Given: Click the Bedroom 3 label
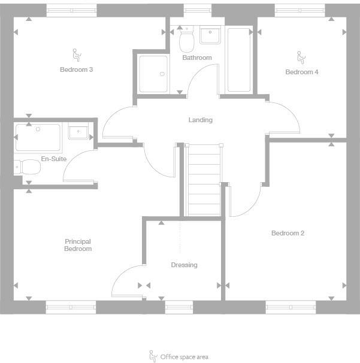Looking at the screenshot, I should pos(76,69).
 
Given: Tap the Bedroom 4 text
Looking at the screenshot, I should pos(301,72).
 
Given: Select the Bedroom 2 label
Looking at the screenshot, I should pos(288,233).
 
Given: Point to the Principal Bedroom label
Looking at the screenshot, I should pos(78,245).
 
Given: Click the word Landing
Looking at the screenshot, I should pos(200,120).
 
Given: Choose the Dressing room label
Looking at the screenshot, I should pos(184,265).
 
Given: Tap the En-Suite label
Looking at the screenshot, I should pos(53,159).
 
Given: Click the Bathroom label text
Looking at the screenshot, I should pos(197,58).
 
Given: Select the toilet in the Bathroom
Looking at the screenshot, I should pos(187,40).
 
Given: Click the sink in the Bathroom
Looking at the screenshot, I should pos(210,36).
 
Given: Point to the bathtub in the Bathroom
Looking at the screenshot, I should pos(239,60).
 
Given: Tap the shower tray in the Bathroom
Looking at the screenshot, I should pos(153,74).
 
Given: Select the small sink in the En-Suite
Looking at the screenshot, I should pos(78,131).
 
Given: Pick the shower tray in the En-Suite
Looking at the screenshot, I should pos(38,137).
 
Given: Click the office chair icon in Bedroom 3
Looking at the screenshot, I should pos(76,56).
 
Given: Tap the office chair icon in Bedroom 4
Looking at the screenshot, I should pos(301,58).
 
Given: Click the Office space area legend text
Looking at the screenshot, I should pos(184,357).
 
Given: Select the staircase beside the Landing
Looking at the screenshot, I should pos(204,180).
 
